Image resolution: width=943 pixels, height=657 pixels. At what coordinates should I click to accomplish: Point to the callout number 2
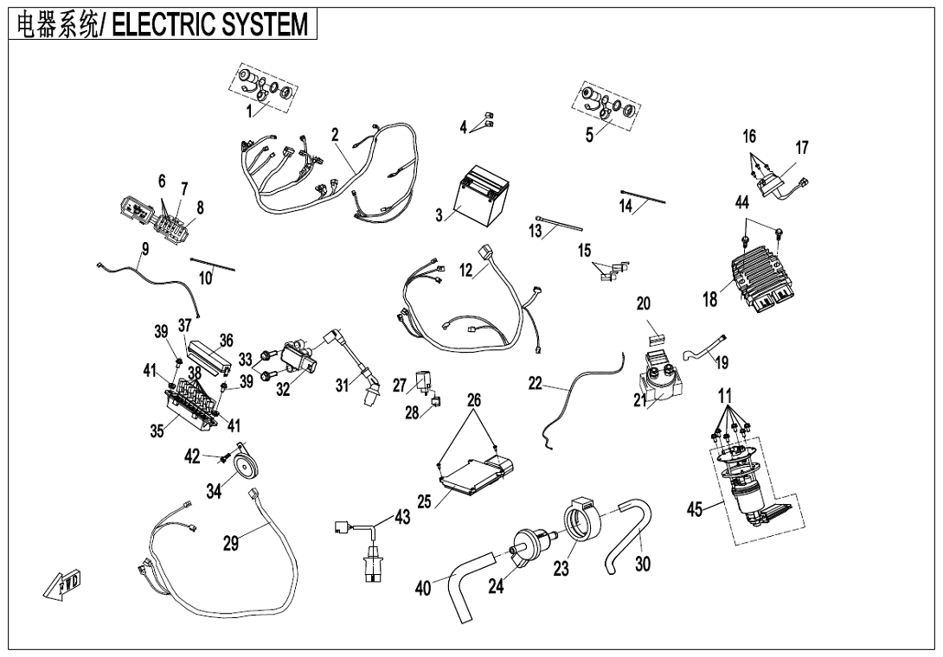coord(335,135)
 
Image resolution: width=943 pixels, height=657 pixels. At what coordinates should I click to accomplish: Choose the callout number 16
coord(749,137)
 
